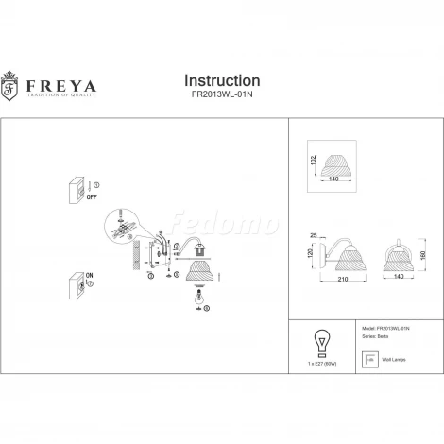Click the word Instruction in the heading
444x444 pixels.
(220, 81)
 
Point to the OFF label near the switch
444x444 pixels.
(93, 200)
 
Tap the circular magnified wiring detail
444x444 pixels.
(123, 224)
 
